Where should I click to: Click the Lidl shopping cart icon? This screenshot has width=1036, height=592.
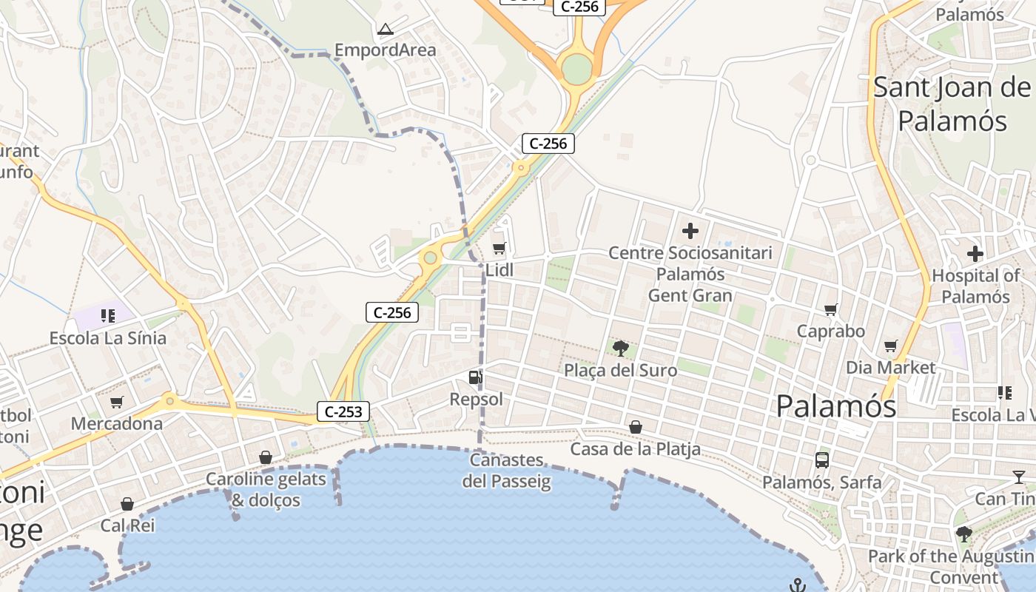pyautogui.click(x=499, y=249)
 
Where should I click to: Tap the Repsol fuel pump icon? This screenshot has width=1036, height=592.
pyautogui.click(x=476, y=378)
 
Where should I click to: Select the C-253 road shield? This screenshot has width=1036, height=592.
pyautogui.click(x=343, y=411)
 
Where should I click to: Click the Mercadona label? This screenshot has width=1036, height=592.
pyautogui.click(x=116, y=424)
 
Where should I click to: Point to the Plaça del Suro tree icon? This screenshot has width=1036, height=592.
pyautogui.click(x=621, y=349)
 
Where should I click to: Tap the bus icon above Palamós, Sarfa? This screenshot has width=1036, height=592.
pyautogui.click(x=821, y=460)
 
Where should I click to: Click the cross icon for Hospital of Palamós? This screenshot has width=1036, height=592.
pyautogui.click(x=975, y=255)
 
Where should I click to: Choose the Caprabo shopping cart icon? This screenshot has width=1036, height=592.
pyautogui.click(x=830, y=310)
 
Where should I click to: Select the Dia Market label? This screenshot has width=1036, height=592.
pyautogui.click(x=891, y=368)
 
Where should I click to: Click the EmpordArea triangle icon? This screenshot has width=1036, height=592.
pyautogui.click(x=385, y=30)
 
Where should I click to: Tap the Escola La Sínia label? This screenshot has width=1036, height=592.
pyautogui.click(x=108, y=338)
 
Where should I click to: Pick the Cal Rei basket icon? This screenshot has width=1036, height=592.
pyautogui.click(x=127, y=505)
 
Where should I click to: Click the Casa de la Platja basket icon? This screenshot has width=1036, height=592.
pyautogui.click(x=635, y=427)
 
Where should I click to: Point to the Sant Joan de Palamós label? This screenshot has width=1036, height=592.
pyautogui.click(x=952, y=104)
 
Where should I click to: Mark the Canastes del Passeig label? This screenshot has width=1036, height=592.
pyautogui.click(x=507, y=471)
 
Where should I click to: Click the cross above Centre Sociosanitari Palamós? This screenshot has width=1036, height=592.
pyautogui.click(x=690, y=232)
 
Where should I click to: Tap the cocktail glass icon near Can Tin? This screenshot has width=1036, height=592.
pyautogui.click(x=1019, y=477)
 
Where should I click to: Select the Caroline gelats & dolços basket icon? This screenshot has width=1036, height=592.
pyautogui.click(x=266, y=458)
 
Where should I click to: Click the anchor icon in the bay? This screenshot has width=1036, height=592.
pyautogui.click(x=797, y=585)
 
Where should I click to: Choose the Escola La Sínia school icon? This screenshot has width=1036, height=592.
pyautogui.click(x=108, y=316)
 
